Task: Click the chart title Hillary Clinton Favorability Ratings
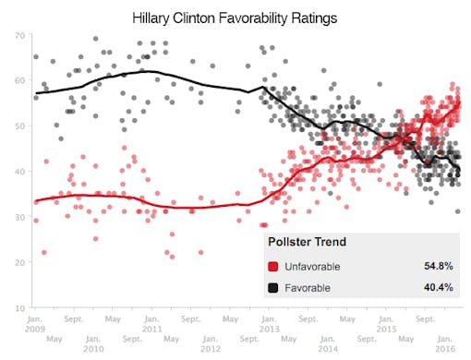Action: point(235,18)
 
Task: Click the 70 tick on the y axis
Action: point(19,35)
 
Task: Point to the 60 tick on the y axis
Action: point(19,80)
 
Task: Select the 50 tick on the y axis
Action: point(19,126)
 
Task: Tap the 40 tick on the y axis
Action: point(19,171)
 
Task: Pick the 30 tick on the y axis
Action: point(19,216)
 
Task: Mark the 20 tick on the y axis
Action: point(19,261)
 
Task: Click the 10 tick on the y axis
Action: point(19,306)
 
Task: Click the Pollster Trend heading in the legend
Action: point(307,243)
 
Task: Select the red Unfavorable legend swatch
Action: point(273,266)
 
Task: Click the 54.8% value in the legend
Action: point(438,266)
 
